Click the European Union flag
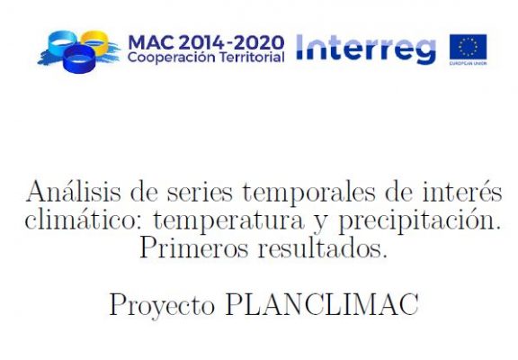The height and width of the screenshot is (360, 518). tap(468, 47)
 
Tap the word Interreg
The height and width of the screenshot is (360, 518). tap(366, 49)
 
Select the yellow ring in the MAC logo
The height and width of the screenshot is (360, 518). tap(94, 41)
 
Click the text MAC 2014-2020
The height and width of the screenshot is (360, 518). tap(206, 43)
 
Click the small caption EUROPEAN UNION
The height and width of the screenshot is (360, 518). tap(468, 63)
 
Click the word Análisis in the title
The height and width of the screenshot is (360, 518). tap(74, 192)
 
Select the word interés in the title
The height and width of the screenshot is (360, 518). tap(462, 191)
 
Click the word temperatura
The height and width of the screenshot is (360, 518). tap(228, 221)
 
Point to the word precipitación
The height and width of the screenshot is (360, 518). tap(419, 220)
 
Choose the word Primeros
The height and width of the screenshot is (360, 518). tap(193, 247)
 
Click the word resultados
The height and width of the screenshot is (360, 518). tap(323, 247)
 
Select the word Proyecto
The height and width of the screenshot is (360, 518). tap(162, 305)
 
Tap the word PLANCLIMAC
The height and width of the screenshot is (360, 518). tap(322, 304)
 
